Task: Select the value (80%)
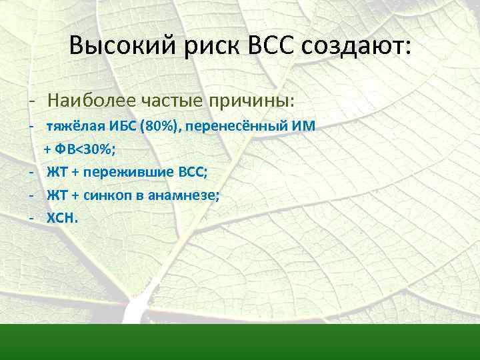159,127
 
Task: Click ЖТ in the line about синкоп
56,194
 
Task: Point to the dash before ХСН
31,217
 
